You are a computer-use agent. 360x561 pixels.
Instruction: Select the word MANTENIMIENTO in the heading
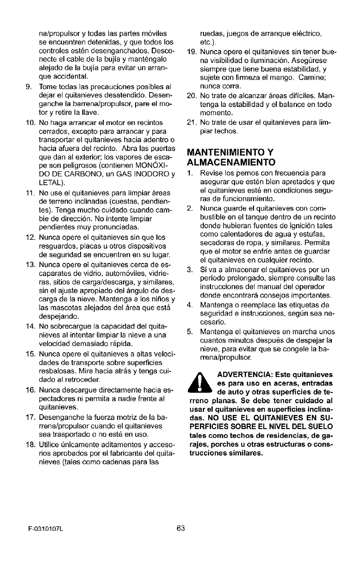(x=224, y=152)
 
